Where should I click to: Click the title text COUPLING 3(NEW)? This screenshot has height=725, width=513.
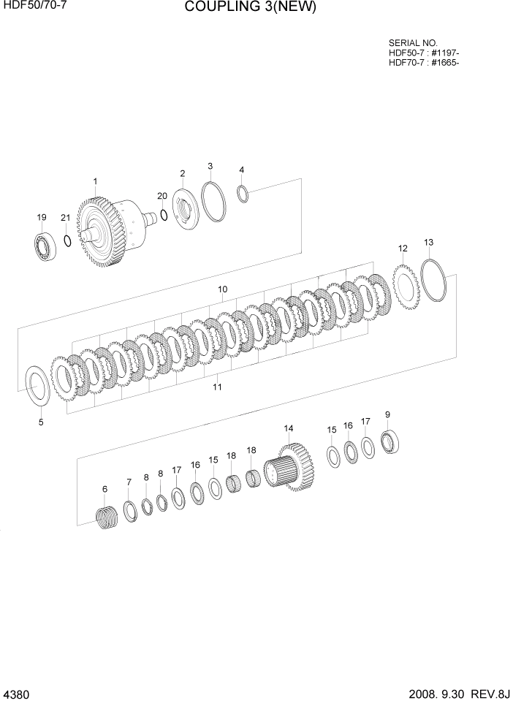251,8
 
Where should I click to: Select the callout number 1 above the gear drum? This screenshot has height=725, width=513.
95,181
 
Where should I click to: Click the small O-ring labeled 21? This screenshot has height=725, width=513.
66,240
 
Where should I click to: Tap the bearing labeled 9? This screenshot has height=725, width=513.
389,441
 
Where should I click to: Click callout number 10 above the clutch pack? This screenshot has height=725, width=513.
222,289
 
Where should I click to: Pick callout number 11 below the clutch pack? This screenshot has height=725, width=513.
217,387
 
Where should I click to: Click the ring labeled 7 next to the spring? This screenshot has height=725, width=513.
129,512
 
